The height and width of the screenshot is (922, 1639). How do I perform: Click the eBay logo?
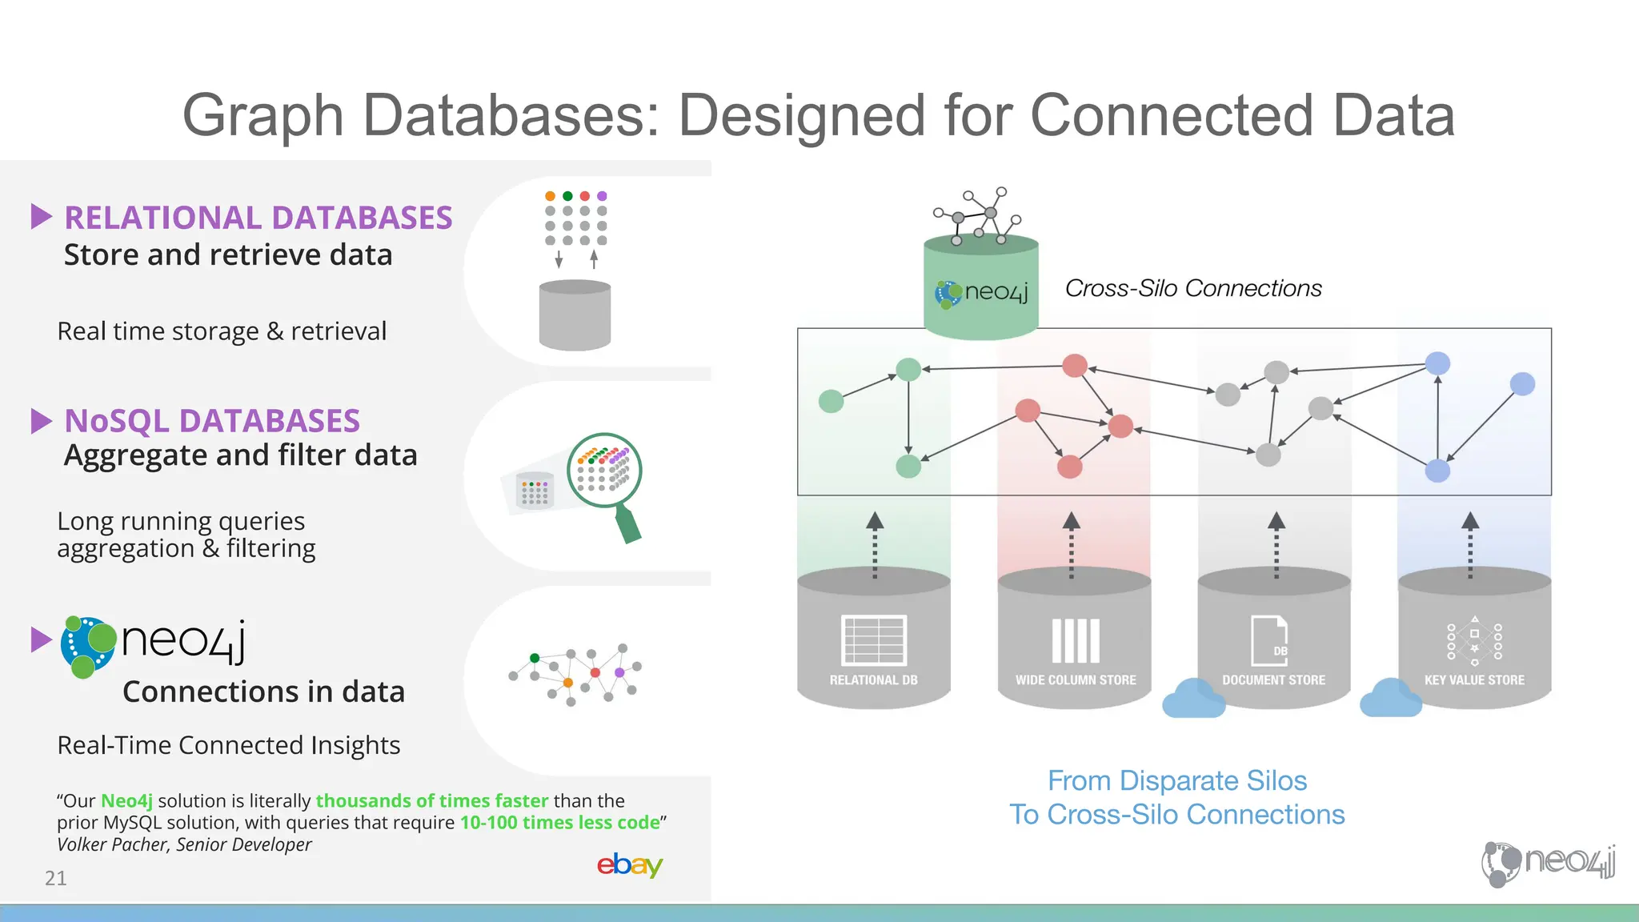point(630,865)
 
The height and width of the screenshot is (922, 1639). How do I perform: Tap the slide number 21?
point(56,878)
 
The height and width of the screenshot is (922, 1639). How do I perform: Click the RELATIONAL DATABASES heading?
point(258,218)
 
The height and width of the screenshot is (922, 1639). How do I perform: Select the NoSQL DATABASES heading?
point(212,421)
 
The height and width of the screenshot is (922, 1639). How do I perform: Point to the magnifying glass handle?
point(629,525)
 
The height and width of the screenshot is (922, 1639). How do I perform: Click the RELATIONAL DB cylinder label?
point(873,680)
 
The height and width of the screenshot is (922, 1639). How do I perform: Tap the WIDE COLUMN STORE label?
point(1076,680)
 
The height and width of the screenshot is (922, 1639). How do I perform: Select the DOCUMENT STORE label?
point(1273,680)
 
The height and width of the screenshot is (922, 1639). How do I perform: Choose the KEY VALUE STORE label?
point(1474,680)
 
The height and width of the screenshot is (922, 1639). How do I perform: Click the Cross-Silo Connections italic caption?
point(1193,288)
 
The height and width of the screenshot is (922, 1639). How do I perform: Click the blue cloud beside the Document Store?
point(1193,699)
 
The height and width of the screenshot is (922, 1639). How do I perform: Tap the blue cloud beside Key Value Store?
point(1391,699)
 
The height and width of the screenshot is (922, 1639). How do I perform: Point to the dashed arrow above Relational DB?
point(875,544)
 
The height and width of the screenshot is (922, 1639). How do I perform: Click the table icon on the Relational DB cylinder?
point(873,640)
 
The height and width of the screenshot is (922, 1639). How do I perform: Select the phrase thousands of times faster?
point(432,800)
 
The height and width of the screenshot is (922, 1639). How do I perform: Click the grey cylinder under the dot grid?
point(575,315)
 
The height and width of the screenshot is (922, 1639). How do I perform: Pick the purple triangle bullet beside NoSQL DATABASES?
point(41,421)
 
